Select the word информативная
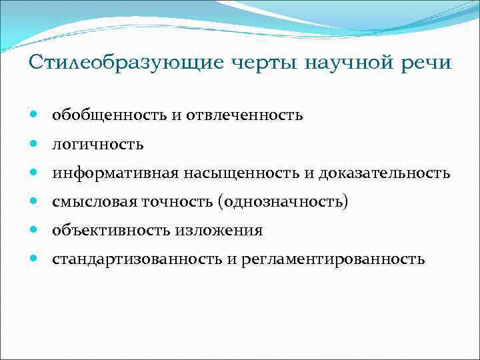pyautogui.click(x=115, y=173)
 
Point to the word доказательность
pyautogui.click(x=384, y=173)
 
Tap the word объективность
pyautogui.click(x=112, y=231)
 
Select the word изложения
pyautogui.click(x=219, y=231)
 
